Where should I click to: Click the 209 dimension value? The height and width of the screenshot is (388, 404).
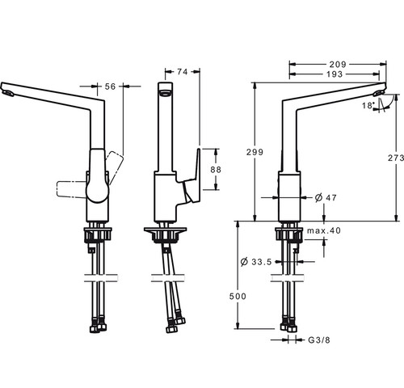coord(338,65)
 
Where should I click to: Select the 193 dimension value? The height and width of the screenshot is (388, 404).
coord(335,74)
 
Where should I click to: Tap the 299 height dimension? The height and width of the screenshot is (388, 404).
coord(255,152)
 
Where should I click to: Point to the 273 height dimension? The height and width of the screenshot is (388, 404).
coord(396,158)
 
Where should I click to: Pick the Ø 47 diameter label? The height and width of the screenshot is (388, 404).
coord(326,197)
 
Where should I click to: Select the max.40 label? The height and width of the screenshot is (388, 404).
coord(324,230)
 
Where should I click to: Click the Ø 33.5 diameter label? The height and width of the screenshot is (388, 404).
coord(256,262)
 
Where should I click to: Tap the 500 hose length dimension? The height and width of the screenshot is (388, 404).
coord(238,297)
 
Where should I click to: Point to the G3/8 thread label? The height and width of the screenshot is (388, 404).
coord(319,340)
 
